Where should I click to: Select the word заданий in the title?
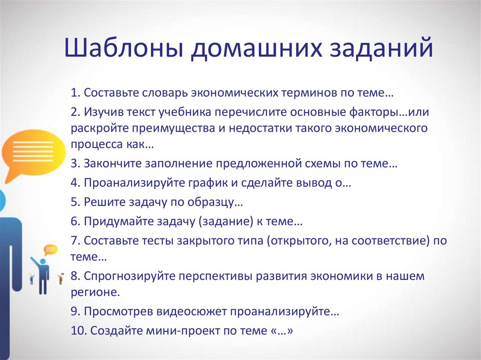(380, 49)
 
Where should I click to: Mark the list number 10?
(78, 330)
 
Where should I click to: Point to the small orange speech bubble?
(50, 250)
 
